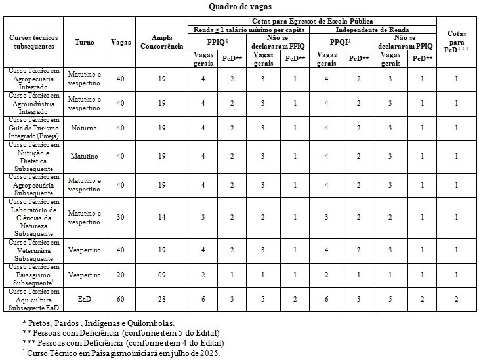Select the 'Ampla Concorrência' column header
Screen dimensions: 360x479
click(161, 42)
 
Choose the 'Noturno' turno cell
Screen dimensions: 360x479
click(85, 129)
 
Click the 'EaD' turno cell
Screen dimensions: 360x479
click(85, 298)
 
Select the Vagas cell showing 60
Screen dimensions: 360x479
click(119, 298)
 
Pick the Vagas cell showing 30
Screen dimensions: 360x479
click(119, 217)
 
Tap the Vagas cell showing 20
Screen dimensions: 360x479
click(119, 273)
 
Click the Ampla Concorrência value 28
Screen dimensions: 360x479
click(161, 298)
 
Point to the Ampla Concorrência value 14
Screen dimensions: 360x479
click(161, 217)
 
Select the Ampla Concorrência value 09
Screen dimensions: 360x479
click(161, 273)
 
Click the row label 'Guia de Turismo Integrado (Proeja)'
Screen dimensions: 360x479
click(35, 129)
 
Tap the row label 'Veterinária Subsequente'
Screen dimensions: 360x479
click(35, 250)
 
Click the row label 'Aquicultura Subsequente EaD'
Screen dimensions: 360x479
click(35, 298)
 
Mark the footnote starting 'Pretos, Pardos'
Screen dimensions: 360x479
click(98, 323)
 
